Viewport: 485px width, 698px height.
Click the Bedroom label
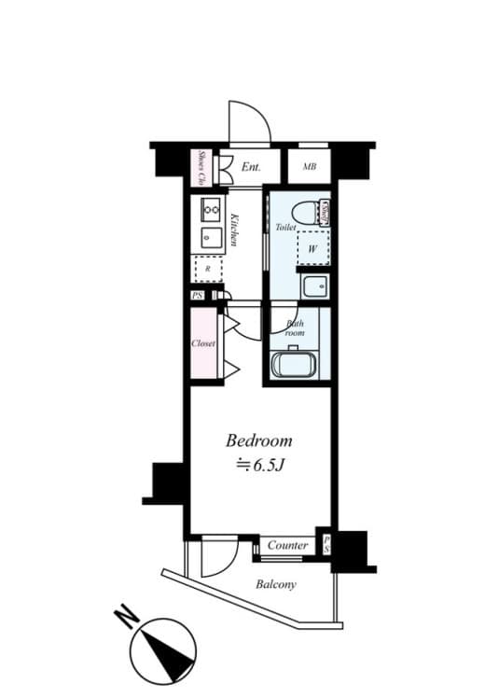click(260, 440)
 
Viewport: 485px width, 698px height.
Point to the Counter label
click(288, 546)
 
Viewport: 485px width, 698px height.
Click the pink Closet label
click(203, 343)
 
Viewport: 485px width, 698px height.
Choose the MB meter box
click(309, 168)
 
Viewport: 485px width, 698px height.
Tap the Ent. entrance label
click(250, 168)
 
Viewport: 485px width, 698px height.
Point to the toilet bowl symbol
click(302, 211)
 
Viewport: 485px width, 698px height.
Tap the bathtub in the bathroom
click(294, 364)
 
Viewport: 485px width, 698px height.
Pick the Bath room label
click(295, 328)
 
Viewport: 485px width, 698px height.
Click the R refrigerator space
click(207, 269)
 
